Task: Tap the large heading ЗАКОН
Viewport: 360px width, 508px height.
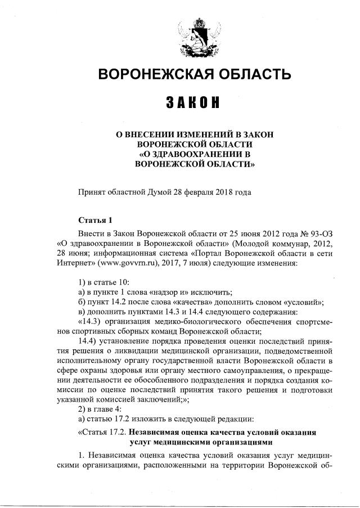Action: coord(193,104)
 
